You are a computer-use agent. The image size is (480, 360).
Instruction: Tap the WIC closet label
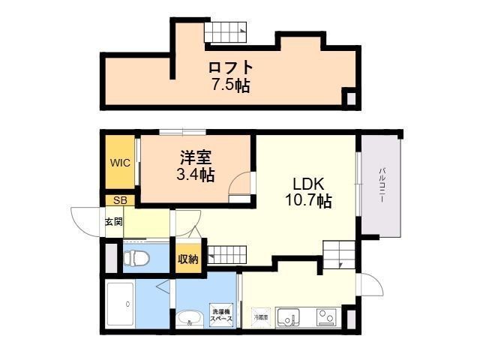click(120, 162)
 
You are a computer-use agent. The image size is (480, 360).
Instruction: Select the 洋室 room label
click(196, 157)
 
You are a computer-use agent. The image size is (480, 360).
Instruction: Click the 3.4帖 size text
click(196, 175)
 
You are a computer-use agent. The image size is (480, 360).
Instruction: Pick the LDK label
click(307, 184)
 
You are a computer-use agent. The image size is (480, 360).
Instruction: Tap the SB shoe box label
click(120, 200)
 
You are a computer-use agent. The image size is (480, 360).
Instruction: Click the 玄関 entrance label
click(113, 222)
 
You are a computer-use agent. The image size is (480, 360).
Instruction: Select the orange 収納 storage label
click(187, 259)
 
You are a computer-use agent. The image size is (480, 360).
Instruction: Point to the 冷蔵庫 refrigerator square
click(259, 317)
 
